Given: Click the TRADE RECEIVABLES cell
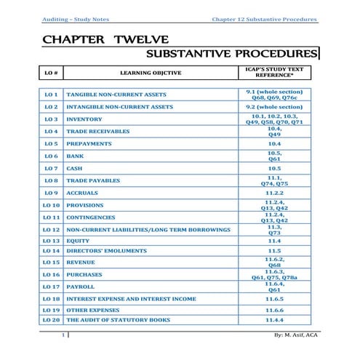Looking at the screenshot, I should tap(98, 132).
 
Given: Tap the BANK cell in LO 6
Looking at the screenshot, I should tap(74, 156).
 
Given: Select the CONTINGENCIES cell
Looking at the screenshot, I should tap(91, 217).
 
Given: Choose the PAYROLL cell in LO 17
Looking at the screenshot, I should tap(80, 287).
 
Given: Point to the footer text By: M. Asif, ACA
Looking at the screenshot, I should tap(295, 335).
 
